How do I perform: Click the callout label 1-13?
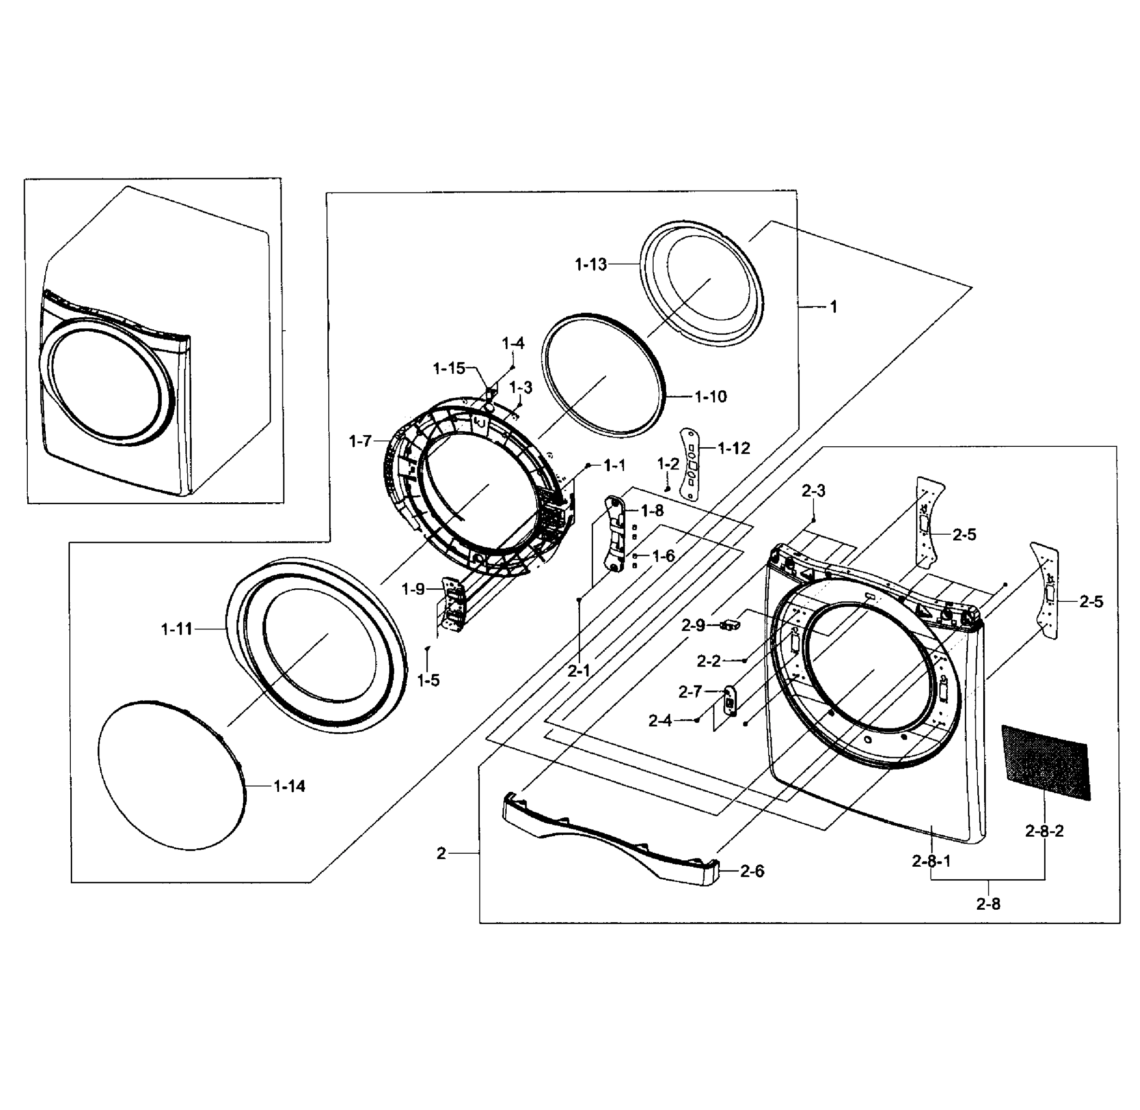click(x=590, y=265)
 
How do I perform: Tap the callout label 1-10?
click(x=711, y=397)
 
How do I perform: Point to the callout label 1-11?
click(x=177, y=629)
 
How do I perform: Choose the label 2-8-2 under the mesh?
click(x=1044, y=831)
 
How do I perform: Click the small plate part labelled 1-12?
click(x=690, y=464)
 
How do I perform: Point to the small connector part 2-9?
click(x=729, y=626)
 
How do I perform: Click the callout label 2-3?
click(x=813, y=491)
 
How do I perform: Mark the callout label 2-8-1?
click(x=932, y=861)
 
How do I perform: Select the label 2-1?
click(x=579, y=671)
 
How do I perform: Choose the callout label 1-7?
click(x=360, y=441)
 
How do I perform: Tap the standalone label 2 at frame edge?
click(x=441, y=853)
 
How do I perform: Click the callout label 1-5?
click(x=429, y=680)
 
